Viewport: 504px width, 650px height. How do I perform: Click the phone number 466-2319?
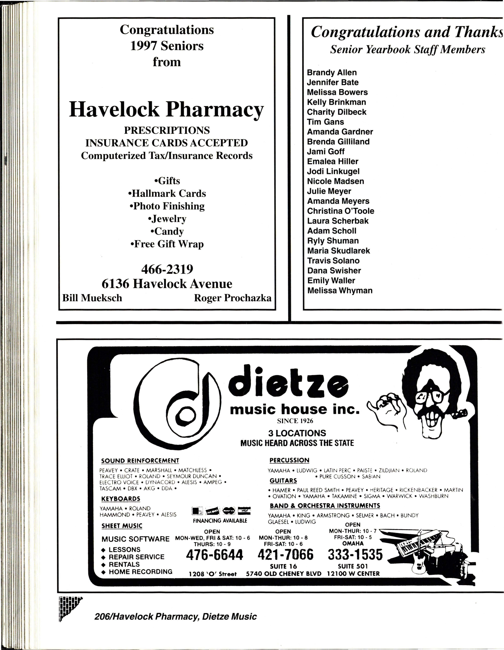167,269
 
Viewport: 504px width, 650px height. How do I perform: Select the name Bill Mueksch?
92,298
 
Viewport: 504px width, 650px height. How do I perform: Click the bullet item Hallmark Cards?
167,193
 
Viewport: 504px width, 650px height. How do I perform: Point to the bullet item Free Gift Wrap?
167,244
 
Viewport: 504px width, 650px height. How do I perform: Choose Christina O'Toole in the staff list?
340,211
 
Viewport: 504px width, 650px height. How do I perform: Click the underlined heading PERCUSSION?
289,460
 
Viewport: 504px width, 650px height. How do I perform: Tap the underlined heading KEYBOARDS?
121,499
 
